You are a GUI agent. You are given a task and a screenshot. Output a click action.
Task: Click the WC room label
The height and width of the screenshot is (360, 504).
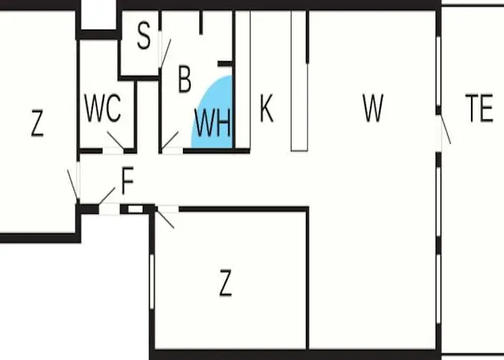[102, 108]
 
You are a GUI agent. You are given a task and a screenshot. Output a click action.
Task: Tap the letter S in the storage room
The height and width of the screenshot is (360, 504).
[144, 36]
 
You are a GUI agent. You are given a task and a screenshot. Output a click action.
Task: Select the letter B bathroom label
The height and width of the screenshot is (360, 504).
[184, 78]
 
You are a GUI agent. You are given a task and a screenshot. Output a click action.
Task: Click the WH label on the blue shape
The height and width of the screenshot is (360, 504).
[213, 123]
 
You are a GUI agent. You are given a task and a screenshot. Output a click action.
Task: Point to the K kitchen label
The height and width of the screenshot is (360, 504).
[266, 108]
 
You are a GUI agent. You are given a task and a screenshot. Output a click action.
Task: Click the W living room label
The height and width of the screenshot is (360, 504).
[373, 108]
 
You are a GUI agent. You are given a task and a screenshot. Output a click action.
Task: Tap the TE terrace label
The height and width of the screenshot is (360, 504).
[480, 108]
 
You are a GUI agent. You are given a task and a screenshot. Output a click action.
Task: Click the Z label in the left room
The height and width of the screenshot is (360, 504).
[37, 123]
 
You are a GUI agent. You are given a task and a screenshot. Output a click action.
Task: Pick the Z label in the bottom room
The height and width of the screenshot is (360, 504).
[225, 282]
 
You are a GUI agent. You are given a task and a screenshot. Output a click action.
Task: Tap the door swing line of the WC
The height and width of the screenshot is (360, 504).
[116, 140]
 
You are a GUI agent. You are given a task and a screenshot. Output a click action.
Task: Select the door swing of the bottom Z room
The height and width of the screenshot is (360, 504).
[165, 219]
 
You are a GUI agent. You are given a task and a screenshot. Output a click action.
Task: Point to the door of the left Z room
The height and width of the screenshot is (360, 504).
[73, 186]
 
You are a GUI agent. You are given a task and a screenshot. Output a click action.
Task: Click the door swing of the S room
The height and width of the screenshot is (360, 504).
[166, 53]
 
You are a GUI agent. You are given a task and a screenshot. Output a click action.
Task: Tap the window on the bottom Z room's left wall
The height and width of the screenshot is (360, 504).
[152, 282]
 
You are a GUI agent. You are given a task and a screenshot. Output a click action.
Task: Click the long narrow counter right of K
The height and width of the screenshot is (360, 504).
[300, 81]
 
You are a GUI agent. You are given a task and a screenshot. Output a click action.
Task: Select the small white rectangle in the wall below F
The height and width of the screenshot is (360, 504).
[135, 210]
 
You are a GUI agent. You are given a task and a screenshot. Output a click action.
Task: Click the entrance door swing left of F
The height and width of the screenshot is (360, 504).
[107, 196]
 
